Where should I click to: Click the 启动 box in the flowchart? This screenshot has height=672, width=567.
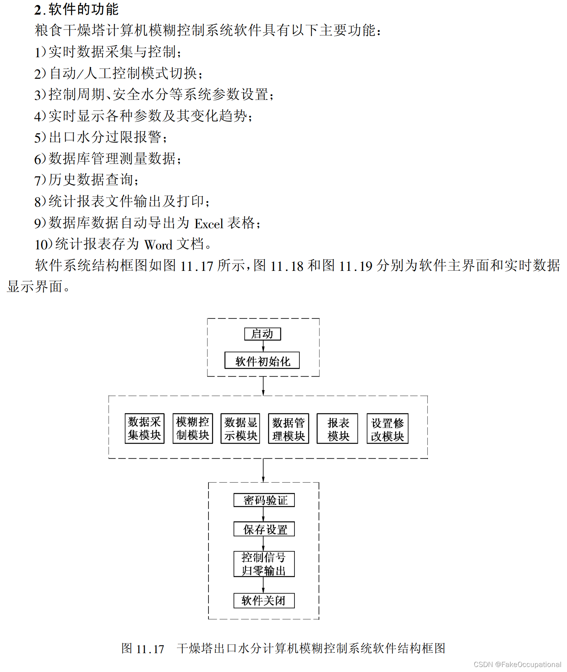[263, 334]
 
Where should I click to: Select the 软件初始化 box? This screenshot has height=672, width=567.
[262, 361]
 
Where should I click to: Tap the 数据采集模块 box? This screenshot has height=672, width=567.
[145, 428]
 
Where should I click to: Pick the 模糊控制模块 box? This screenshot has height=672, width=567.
[193, 428]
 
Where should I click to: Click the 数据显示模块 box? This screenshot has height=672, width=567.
[240, 428]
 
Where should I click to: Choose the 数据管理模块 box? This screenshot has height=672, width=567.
[289, 429]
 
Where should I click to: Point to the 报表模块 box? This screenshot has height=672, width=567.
[337, 429]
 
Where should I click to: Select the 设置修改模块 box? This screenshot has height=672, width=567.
[387, 429]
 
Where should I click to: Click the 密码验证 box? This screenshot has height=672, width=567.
[264, 500]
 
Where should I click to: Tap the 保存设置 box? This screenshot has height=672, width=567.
[264, 529]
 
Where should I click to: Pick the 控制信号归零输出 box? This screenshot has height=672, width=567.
[264, 564]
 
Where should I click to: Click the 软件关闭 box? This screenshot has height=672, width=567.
[264, 601]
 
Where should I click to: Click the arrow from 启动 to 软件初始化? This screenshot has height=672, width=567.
[263, 346]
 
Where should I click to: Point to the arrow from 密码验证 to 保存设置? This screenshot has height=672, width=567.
[263, 514]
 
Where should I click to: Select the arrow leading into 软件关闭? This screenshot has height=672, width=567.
[263, 585]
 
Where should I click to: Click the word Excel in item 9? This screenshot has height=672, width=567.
[209, 224]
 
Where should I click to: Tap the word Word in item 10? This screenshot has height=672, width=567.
[158, 245]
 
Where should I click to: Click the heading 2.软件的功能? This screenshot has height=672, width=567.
[76, 10]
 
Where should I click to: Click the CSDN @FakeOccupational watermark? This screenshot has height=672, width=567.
[517, 664]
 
